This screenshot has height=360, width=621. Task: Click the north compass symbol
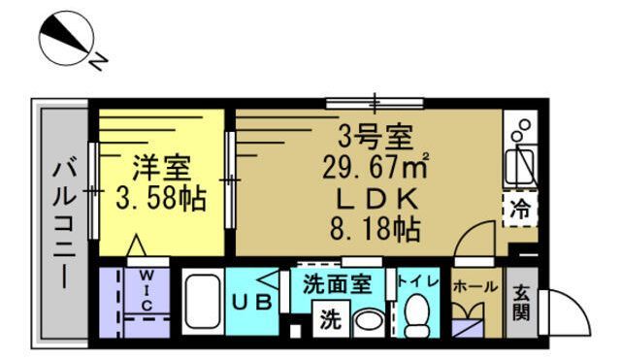pyautogui.click(x=65, y=40)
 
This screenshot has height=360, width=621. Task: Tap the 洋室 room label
pyautogui.click(x=161, y=167)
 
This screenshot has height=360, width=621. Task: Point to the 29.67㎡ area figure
pyautogui.click(x=376, y=167)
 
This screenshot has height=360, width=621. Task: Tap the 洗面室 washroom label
pyautogui.click(x=338, y=285)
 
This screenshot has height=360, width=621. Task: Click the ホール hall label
pyautogui.click(x=475, y=287)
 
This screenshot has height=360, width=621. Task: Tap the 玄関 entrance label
pyautogui.click(x=522, y=301)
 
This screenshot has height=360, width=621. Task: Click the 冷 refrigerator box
pyautogui.click(x=520, y=208)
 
